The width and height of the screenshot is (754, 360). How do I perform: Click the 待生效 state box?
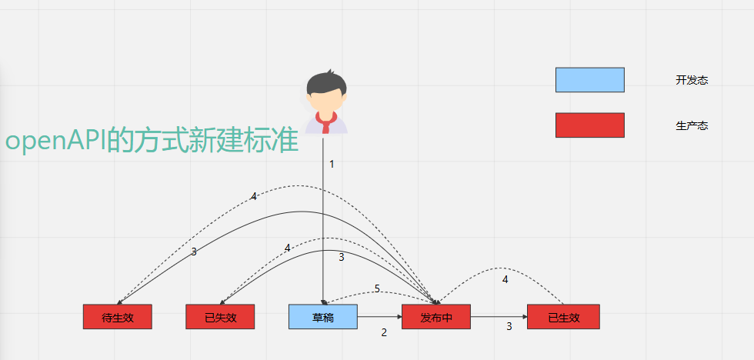(x=117, y=317)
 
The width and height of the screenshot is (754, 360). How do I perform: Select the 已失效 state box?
(x=220, y=317)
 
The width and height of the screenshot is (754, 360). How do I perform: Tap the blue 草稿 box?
(x=323, y=317)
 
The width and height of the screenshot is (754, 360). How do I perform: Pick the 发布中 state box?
(x=436, y=317)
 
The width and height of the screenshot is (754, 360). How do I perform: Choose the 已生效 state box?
(x=563, y=317)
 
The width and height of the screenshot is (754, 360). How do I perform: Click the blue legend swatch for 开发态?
(x=590, y=80)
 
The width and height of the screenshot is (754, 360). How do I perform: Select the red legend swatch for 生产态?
(x=590, y=125)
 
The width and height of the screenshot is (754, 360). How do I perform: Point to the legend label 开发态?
(x=692, y=80)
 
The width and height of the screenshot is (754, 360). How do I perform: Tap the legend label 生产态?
(x=692, y=126)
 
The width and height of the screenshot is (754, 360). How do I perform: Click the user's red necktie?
(x=326, y=122)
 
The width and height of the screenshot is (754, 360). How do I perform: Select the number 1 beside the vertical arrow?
(x=332, y=165)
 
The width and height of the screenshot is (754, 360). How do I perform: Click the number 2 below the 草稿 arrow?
(x=384, y=332)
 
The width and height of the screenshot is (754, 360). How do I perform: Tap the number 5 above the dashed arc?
(x=377, y=289)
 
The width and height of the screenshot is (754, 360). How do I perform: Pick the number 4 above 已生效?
(x=505, y=280)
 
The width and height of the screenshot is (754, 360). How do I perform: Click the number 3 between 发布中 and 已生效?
(x=509, y=327)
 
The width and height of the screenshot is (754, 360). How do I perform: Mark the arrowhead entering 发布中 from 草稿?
(x=399, y=317)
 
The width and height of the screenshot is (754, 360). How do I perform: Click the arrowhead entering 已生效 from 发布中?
(x=525, y=317)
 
